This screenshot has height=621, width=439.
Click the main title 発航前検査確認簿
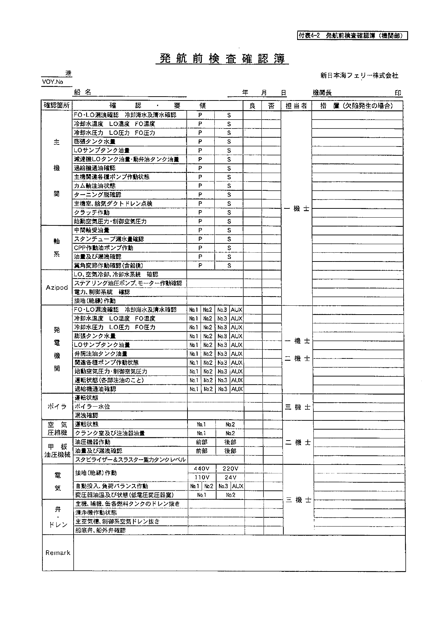tap(222, 58)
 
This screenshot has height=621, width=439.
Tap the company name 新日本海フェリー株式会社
tap(359, 75)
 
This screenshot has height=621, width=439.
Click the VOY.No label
tap(52, 82)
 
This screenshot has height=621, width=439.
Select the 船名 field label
tap(83, 92)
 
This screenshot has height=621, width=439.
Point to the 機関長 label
tap(322, 93)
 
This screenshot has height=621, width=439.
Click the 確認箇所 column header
tap(57, 105)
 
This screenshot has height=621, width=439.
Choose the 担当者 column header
tap(296, 106)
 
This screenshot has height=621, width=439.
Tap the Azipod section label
tap(57, 287)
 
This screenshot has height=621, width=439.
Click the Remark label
tap(58, 553)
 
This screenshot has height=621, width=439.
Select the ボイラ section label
tap(57, 407)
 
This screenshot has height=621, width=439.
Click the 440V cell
tap(202, 468)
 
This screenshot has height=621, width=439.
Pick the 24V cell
tap(230, 477)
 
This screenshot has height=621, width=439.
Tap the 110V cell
tap(202, 477)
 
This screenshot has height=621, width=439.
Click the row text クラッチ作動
tap(92, 212)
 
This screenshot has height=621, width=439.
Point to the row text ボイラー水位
tap(92, 407)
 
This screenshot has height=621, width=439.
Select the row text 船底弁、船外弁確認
tap(100, 530)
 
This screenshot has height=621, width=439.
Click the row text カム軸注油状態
tap(94, 186)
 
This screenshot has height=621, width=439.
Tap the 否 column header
tap(271, 106)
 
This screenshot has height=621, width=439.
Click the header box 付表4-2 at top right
tap(352, 36)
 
